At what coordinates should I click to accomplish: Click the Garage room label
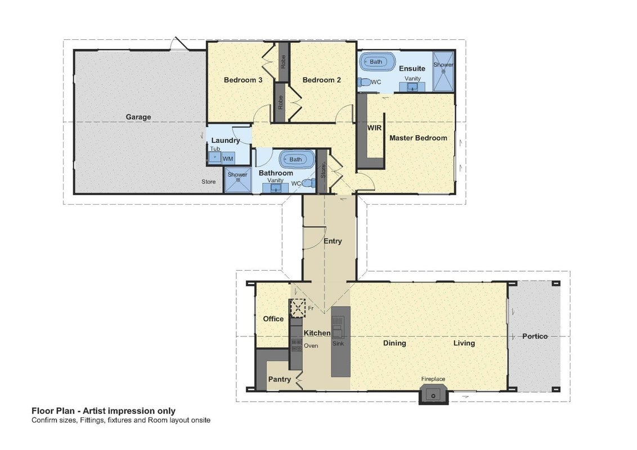[138, 117]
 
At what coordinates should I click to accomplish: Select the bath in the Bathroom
[297, 159]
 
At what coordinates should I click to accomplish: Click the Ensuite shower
[443, 71]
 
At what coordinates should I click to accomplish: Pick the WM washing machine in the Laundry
[228, 159]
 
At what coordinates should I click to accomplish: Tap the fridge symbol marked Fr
[297, 308]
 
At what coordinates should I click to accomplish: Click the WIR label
[374, 128]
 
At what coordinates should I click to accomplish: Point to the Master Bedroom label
[418, 138]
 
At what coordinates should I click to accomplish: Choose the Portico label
[535, 336]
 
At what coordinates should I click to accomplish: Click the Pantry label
[280, 379]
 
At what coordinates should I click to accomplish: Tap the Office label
[273, 319]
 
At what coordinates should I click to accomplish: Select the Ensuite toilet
[365, 83]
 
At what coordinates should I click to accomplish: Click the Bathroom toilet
[309, 183]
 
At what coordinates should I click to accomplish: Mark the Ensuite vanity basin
[412, 87]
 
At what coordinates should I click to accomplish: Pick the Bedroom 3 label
[243, 80]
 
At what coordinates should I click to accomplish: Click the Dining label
[394, 343]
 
